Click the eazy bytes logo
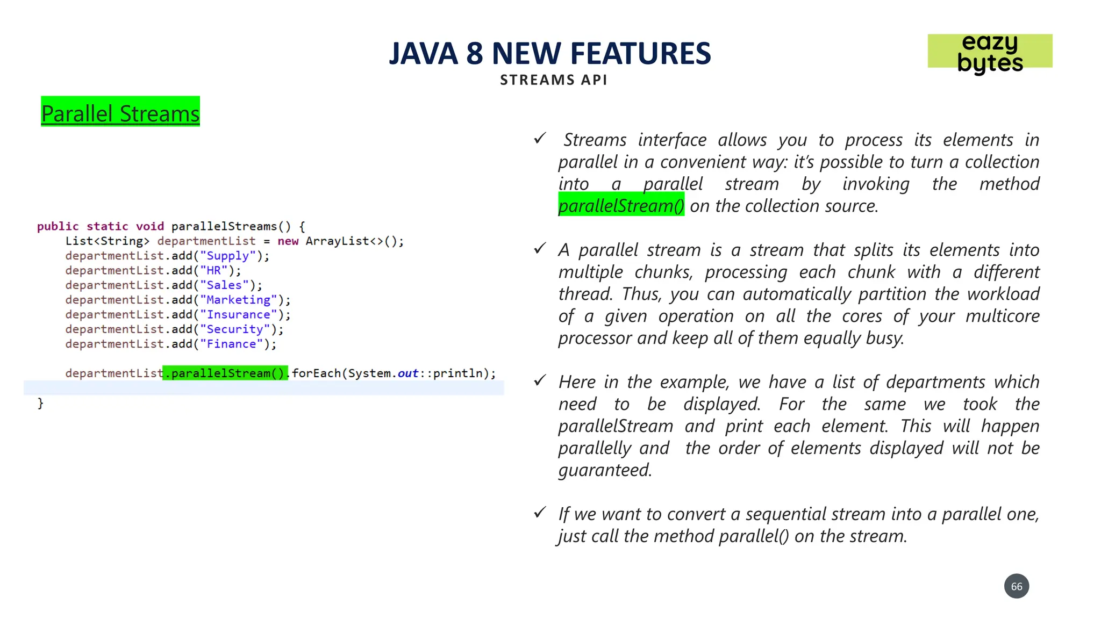[x=990, y=52]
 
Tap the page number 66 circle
[x=1016, y=586]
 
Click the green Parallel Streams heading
[x=120, y=113]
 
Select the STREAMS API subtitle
[x=553, y=80]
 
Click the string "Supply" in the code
[x=228, y=256]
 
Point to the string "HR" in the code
[x=214, y=271]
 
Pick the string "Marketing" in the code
[x=238, y=300]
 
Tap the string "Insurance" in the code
[x=238, y=315]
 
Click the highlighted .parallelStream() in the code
[x=225, y=373]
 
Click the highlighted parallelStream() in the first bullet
[x=621, y=206]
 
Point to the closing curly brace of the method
[x=40, y=403]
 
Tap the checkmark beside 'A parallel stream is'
[x=540, y=249]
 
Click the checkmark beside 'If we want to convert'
[x=540, y=513]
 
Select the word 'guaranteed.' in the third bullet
[x=605, y=470]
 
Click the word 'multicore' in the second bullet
[x=1002, y=316]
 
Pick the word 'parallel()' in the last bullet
[x=754, y=536]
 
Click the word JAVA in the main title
[x=423, y=54]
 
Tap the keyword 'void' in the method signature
[x=149, y=227]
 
